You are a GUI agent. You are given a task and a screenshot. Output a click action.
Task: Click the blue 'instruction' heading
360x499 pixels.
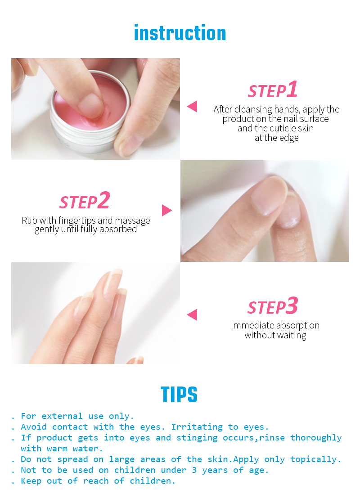coord(180,33)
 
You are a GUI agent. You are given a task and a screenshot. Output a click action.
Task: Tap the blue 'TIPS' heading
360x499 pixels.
coord(179,395)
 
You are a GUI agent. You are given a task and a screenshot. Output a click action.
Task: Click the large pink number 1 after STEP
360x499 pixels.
coord(292,90)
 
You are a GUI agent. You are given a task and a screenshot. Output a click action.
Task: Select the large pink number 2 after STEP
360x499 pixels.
coord(103,200)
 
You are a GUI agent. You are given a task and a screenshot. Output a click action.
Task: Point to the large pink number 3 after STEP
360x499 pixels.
coord(292,306)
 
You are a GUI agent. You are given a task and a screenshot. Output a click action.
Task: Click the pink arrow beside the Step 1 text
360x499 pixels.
coord(192,106)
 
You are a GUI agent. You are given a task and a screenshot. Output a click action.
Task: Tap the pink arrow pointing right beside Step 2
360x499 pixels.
coord(167,211)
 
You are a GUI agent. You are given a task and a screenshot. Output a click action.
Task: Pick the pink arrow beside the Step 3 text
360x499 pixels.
coord(192,315)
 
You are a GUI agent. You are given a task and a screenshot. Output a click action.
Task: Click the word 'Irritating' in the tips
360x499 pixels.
coord(197,427)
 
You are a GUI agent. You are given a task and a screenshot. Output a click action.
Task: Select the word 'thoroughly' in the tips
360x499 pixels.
coord(316,438)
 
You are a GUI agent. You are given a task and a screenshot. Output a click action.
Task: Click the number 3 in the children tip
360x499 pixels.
coord(194,470)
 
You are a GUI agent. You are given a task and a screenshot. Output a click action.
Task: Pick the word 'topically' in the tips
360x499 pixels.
coord(313,459)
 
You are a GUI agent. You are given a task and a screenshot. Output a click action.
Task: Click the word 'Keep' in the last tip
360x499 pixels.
coord(31,481)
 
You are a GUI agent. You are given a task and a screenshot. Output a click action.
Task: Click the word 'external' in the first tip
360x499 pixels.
coord(62,416)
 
